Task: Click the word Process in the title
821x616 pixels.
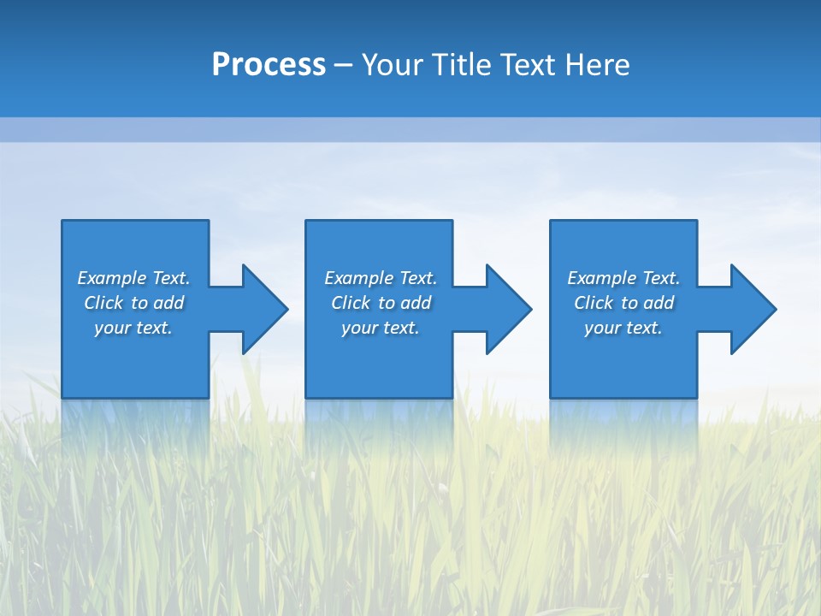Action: pyautogui.click(x=269, y=65)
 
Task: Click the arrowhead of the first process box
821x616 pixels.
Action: pyautogui.click(x=264, y=309)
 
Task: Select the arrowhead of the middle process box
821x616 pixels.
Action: pyautogui.click(x=508, y=309)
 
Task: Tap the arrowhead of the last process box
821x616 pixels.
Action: pyautogui.click(x=753, y=309)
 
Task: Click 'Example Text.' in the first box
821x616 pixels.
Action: pyautogui.click(x=133, y=278)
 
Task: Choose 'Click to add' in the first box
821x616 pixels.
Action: pyautogui.click(x=133, y=303)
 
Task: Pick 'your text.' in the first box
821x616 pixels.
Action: pyautogui.click(x=133, y=328)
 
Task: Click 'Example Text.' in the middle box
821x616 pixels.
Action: pyautogui.click(x=380, y=278)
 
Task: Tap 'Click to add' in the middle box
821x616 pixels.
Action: pyautogui.click(x=380, y=303)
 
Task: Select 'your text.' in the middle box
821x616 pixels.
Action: pyautogui.click(x=380, y=328)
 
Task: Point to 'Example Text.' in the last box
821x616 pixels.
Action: pyautogui.click(x=623, y=278)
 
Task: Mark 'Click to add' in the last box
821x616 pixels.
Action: pyautogui.click(x=623, y=303)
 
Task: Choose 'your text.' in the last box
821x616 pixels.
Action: pyautogui.click(x=623, y=328)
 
